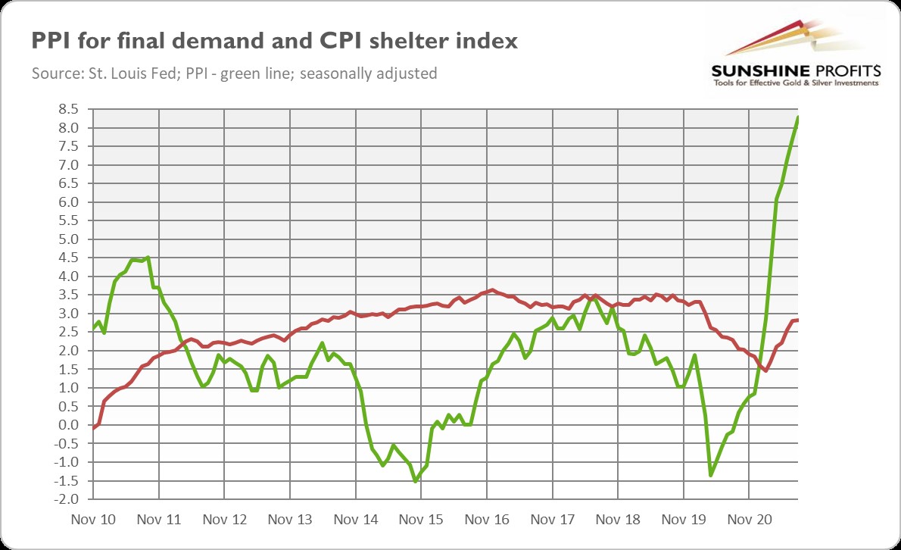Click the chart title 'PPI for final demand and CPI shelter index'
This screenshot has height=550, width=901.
[274, 42]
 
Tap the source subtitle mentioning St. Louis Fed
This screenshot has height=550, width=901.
[235, 73]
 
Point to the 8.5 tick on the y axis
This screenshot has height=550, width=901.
[69, 109]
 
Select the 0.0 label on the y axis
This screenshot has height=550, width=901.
[69, 425]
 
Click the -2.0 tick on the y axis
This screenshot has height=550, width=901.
[67, 499]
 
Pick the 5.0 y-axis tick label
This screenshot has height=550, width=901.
[69, 239]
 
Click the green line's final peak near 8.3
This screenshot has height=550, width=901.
[798, 117]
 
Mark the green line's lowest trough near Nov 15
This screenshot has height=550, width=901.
[416, 480]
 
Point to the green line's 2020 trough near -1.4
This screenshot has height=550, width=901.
[711, 475]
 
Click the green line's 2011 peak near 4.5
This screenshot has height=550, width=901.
[148, 258]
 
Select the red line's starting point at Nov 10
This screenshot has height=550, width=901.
[94, 427]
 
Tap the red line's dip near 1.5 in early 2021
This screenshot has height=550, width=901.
[765, 370]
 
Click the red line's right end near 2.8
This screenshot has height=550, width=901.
[798, 320]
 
